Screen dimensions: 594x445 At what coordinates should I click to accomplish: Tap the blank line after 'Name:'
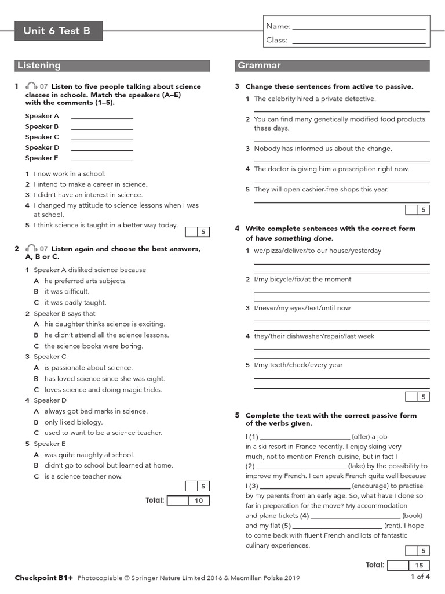pyautogui.click(x=359, y=27)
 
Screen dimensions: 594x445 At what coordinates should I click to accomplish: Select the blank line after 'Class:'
pyautogui.click(x=359, y=41)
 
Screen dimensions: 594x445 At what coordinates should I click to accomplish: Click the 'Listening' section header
pyautogui.click(x=112, y=66)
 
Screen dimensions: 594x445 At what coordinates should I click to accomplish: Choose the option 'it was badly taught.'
pyautogui.click(x=75, y=302)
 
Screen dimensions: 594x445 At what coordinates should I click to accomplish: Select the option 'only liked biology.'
pyautogui.click(x=74, y=422)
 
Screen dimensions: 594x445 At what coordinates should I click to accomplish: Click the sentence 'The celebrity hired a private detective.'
pyautogui.click(x=315, y=99)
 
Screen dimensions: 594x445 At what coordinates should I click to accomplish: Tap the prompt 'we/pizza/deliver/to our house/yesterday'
pyautogui.click(x=318, y=251)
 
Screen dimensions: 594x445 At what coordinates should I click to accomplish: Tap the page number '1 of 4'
pyautogui.click(x=420, y=577)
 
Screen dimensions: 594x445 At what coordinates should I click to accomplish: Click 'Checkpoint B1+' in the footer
pyautogui.click(x=44, y=578)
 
